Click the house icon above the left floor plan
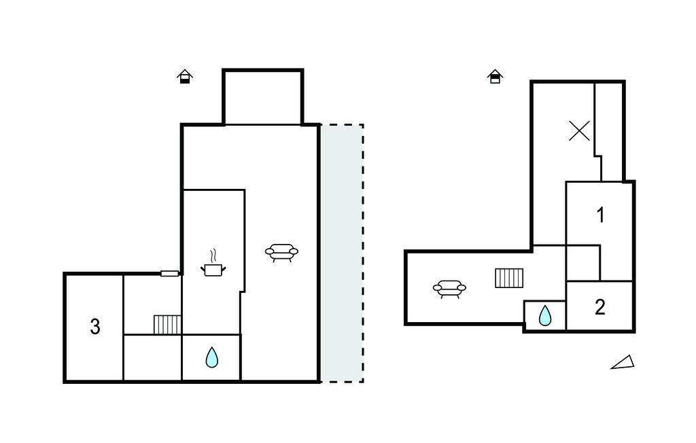[185, 77]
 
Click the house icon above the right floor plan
[495, 76]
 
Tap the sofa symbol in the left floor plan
[281, 253]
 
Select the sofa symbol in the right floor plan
[449, 289]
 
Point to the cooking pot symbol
[213, 270]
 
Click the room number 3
[95, 327]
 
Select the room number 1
[600, 215]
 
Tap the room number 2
[599, 307]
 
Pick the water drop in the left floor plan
[212, 357]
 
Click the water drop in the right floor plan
[545, 315]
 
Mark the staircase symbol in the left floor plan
[167, 324]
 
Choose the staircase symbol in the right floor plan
[509, 278]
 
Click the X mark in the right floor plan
[579, 130]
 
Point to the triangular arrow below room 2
[623, 363]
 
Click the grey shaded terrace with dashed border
[341, 253]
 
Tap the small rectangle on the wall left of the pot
[170, 273]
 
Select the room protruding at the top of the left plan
[262, 97]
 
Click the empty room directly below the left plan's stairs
[152, 357]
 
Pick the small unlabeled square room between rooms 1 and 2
[582, 262]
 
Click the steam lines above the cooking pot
[214, 255]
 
